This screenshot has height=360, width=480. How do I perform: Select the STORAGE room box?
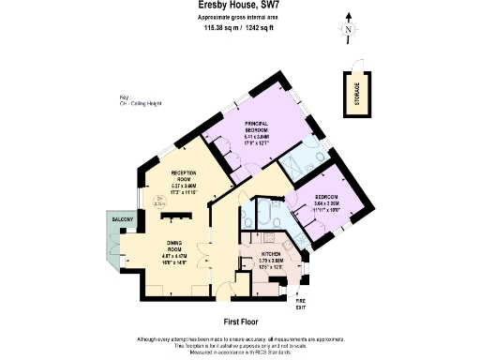pyautogui.click(x=357, y=94)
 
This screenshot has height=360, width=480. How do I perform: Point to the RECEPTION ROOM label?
pyautogui.click(x=183, y=176)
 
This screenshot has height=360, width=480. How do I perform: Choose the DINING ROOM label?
pyautogui.click(x=168, y=246)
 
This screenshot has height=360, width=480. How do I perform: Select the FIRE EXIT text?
pyautogui.click(x=300, y=305)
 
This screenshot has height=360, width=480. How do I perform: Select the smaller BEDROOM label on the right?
pyautogui.click(x=328, y=197)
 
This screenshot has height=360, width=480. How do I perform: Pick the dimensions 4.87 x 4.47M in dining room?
pyautogui.click(x=169, y=256)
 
